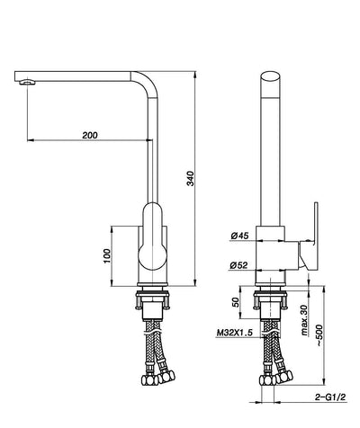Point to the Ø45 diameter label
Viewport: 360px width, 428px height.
239,237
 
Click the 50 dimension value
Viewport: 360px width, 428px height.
237,303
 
